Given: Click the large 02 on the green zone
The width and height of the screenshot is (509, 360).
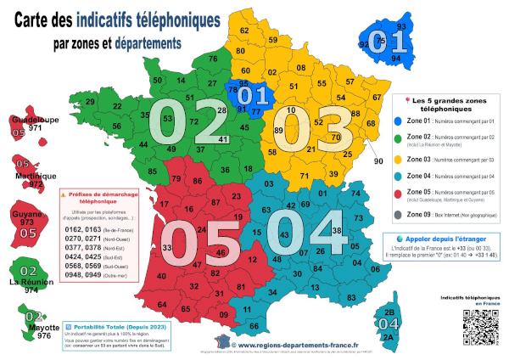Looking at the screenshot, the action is [x=187, y=124].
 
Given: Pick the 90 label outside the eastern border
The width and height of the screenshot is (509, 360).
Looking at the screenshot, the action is [x=378, y=160].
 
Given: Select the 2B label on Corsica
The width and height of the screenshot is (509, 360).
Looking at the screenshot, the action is [x=389, y=313].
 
